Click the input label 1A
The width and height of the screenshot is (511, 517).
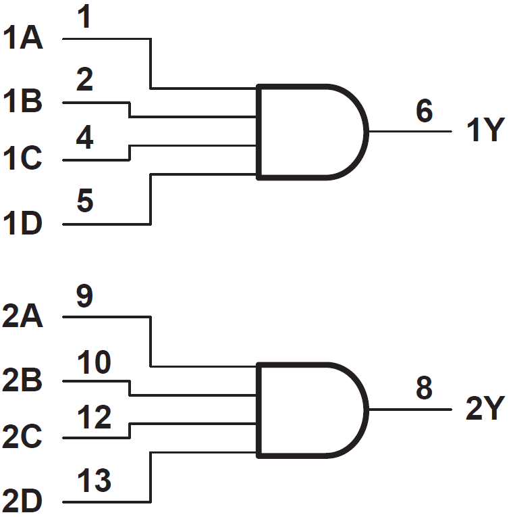pos(23,39)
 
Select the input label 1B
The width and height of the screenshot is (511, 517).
pos(23,103)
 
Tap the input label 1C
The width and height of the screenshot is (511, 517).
pos(23,159)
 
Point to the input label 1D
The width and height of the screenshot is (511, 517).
pos(23,224)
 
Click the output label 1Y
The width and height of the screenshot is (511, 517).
pos(485,131)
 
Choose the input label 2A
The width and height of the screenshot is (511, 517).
pos(23,316)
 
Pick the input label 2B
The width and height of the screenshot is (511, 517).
pos(23,381)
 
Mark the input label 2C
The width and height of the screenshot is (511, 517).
pos(23,438)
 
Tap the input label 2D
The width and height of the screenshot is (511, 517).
pos(23,502)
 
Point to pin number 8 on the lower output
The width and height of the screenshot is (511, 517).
pos(424,389)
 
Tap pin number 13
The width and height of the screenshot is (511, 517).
pos(94,481)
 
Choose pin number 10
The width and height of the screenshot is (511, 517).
pos(94,362)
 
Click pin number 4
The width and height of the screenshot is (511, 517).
pos(85,139)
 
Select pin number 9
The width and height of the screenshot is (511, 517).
pos(85,297)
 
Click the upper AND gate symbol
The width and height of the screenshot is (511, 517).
pos(311,132)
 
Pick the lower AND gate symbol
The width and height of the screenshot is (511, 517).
pos(311,410)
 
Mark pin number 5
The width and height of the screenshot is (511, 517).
pos(85,202)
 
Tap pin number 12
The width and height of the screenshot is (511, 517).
pos(94,418)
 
